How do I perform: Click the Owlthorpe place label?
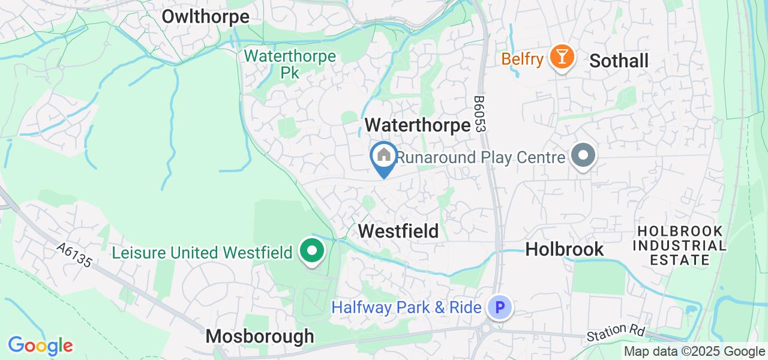(x=205, y=17)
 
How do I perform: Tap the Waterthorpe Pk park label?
(x=290, y=64)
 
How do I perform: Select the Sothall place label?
(x=619, y=61)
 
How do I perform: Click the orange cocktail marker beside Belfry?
(x=562, y=58)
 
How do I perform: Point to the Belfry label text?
(x=522, y=59)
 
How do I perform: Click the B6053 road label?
(x=479, y=114)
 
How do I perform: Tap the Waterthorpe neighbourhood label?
(x=418, y=125)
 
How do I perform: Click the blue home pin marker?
(x=383, y=157)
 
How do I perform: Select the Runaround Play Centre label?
(x=482, y=157)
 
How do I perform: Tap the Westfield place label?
(x=398, y=231)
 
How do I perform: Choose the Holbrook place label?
(x=564, y=249)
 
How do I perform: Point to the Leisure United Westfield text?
(x=202, y=253)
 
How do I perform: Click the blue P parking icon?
(x=499, y=308)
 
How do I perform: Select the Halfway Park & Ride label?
(x=406, y=308)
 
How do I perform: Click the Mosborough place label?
(x=260, y=336)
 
